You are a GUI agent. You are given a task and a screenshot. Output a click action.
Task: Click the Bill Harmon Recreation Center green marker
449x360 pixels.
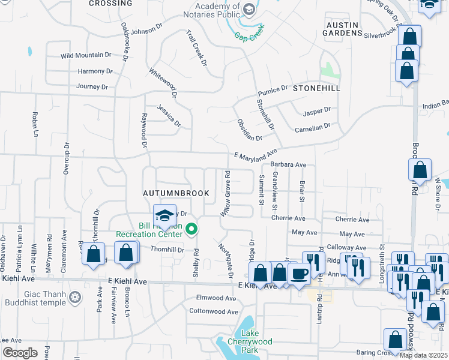[x=192, y=228]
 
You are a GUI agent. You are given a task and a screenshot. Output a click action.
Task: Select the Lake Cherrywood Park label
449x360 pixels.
[x=256, y=341]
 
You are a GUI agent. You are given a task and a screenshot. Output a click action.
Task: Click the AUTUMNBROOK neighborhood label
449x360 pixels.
[x=176, y=193]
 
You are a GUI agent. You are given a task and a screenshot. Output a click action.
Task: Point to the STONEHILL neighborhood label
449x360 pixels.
[x=316, y=88]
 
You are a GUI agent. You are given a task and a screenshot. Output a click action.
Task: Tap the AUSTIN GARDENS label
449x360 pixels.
[x=342, y=29]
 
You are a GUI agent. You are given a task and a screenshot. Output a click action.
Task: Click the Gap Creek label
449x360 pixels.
[x=249, y=36]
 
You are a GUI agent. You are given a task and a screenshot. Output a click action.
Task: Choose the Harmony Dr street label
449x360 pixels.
[x=95, y=71]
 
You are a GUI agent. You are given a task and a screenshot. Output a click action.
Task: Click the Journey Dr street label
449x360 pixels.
[x=92, y=86]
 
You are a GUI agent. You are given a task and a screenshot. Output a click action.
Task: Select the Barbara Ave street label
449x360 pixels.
[x=288, y=164]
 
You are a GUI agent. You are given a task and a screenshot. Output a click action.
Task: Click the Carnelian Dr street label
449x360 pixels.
[x=312, y=127]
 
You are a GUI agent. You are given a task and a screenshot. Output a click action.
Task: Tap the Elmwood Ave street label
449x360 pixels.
[x=216, y=298]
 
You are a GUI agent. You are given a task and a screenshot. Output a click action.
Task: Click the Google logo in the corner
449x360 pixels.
[x=19, y=353]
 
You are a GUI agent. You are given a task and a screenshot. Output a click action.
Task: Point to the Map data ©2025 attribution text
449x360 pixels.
[x=423, y=355]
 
